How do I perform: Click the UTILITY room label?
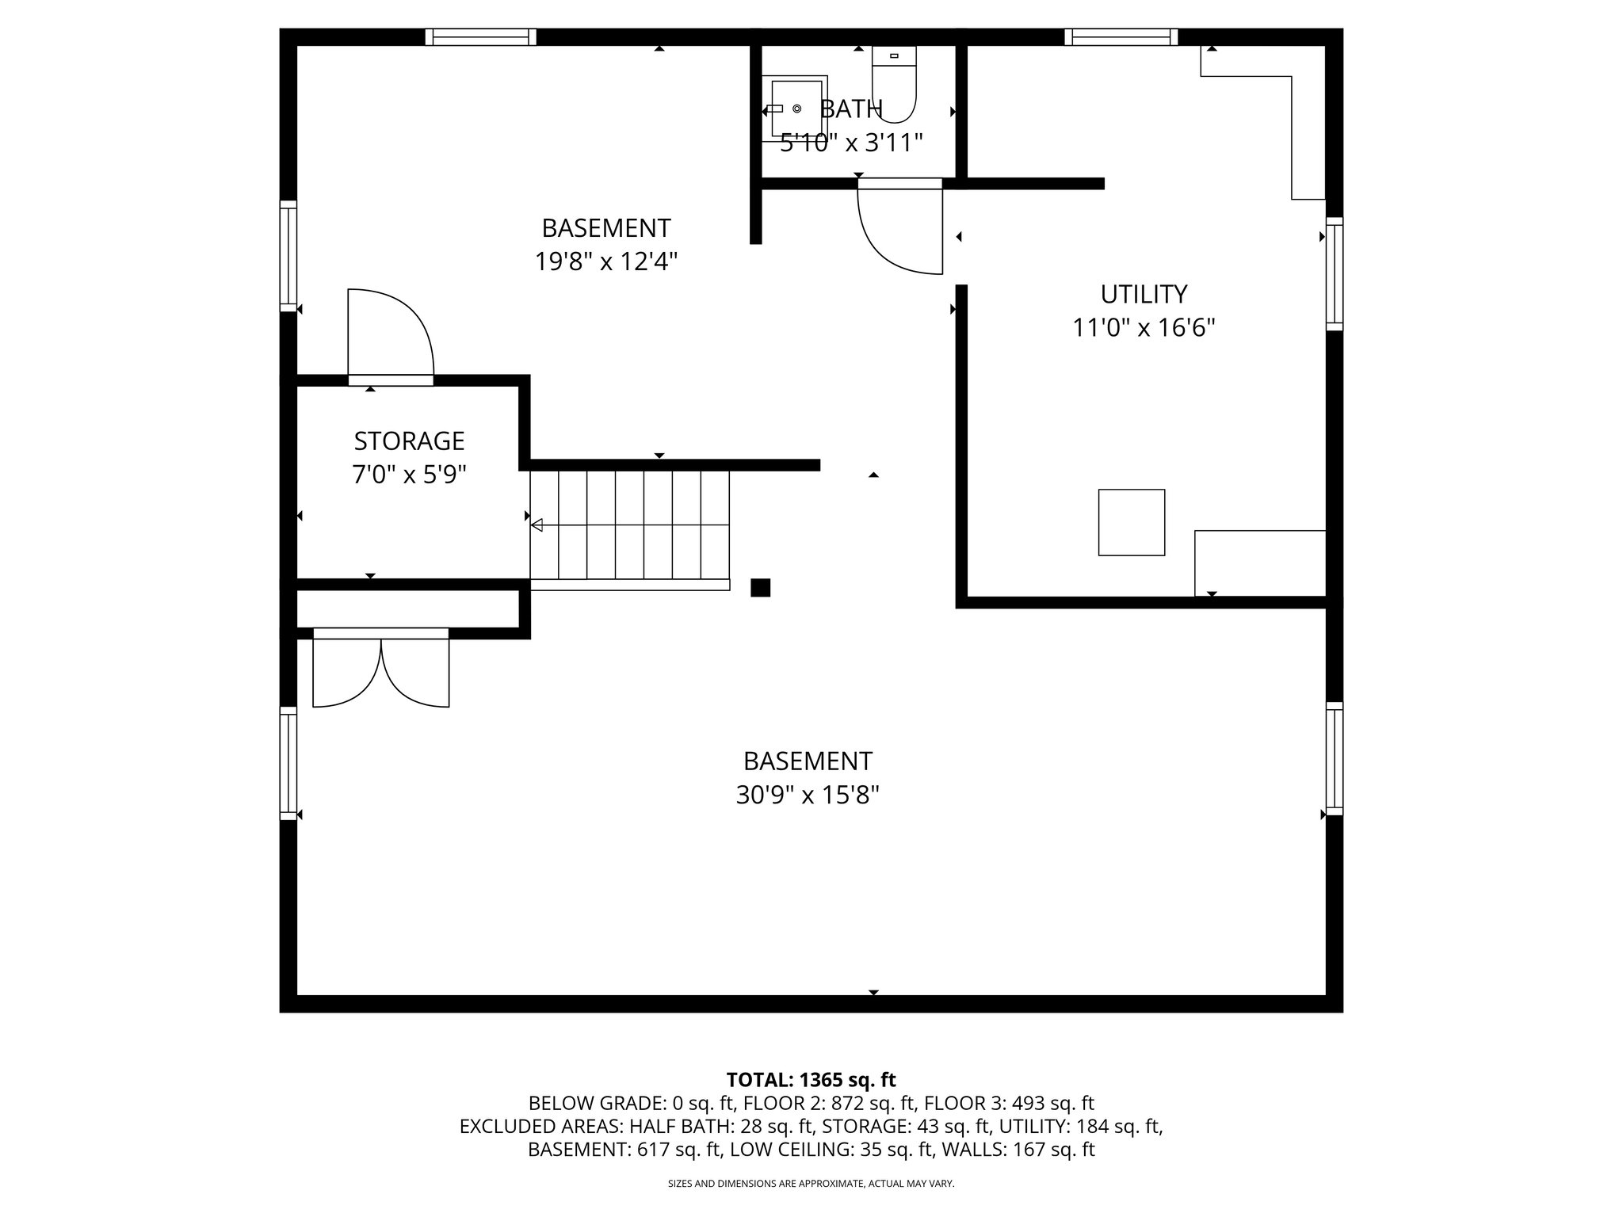tap(1144, 294)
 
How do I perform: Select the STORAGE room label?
tap(409, 441)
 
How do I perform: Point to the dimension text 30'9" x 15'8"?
tap(808, 795)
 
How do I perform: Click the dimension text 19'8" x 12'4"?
tap(606, 261)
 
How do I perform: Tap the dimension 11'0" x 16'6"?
tap(1144, 327)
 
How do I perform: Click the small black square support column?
tap(760, 587)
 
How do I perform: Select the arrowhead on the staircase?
tap(537, 525)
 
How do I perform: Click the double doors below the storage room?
tap(381, 670)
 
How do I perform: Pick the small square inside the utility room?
tap(1131, 522)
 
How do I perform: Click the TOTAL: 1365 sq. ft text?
tap(811, 1079)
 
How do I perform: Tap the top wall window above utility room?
tap(1121, 36)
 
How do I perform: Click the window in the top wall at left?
tap(480, 36)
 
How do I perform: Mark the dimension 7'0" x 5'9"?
tap(409, 475)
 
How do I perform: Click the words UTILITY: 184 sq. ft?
tap(1079, 1126)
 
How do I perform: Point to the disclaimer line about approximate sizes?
tap(811, 1184)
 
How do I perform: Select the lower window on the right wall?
tap(1335, 758)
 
